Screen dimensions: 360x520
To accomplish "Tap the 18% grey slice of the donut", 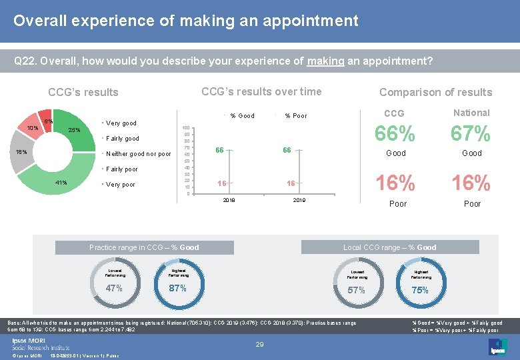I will click(x=21, y=152).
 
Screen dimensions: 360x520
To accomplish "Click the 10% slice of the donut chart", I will click(x=31, y=127).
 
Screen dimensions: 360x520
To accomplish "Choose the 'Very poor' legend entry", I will click(x=120, y=185).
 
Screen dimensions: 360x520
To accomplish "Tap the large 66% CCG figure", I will click(x=395, y=134).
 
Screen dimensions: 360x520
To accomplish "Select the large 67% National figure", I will click(x=471, y=134).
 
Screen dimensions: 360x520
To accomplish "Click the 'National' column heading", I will click(x=471, y=113).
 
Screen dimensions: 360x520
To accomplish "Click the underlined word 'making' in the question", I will click(x=325, y=61).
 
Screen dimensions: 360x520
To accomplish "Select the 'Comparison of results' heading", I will click(x=435, y=93).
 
